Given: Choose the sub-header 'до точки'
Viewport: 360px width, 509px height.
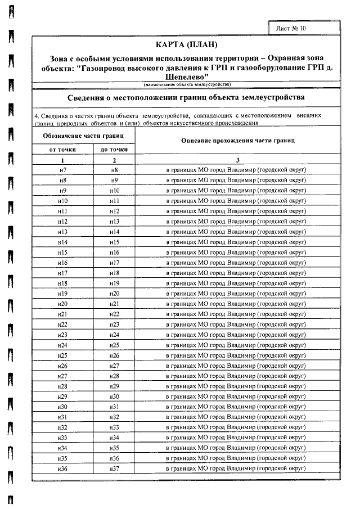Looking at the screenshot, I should pyautogui.click(x=114, y=150).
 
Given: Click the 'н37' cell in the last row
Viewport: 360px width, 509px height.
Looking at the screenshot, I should pyautogui.click(x=114, y=469).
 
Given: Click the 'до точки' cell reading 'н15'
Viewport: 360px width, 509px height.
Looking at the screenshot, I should pyautogui.click(x=114, y=242).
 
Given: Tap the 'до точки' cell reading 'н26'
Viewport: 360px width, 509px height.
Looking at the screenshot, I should pyautogui.click(x=114, y=355).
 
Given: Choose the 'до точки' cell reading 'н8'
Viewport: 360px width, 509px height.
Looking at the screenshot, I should pyautogui.click(x=114, y=170).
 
